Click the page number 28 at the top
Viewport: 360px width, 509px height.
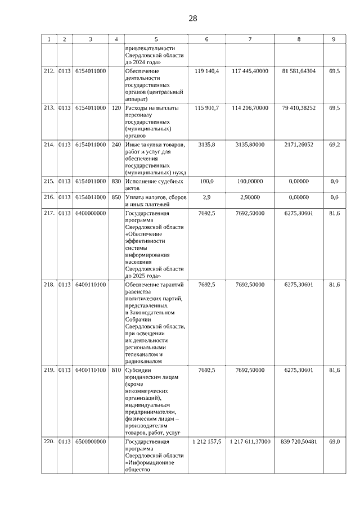pyautogui.click(x=192, y=18)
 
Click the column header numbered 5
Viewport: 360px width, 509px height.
pyautogui.click(x=156, y=39)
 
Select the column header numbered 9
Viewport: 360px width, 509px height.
pyautogui.click(x=334, y=39)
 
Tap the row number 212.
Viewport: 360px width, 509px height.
pyautogui.click(x=49, y=71)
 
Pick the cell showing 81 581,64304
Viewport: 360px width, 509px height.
pyautogui.click(x=299, y=71)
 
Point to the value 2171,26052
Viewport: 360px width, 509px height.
pyautogui.click(x=299, y=145)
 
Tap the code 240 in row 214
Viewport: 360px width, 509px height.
pyautogui.click(x=116, y=145)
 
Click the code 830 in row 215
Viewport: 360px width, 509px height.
pyautogui.click(x=116, y=181)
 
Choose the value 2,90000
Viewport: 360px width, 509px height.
pyautogui.click(x=250, y=197)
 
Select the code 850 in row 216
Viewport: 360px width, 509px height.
pyautogui.click(x=116, y=197)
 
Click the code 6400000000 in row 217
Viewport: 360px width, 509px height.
pyautogui.click(x=91, y=213)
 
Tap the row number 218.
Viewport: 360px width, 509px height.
pyautogui.click(x=49, y=285)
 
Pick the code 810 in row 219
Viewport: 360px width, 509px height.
pyautogui.click(x=116, y=370)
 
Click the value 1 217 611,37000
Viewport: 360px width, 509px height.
pyautogui.click(x=250, y=442)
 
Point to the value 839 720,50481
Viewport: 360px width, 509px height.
pyautogui.click(x=299, y=442)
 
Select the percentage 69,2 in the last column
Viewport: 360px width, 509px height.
pyautogui.click(x=334, y=145)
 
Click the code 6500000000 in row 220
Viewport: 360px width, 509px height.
pyautogui.click(x=91, y=442)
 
